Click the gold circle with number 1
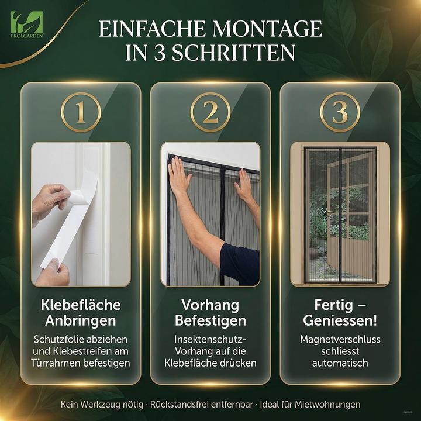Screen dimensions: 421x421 pyautogui.click(x=81, y=112)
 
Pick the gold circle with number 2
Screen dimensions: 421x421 pyautogui.click(x=210, y=112)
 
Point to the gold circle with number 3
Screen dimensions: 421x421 pyautogui.click(x=339, y=112)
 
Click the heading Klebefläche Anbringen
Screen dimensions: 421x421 pyautogui.click(x=81, y=313)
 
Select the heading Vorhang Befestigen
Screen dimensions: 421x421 pyautogui.click(x=210, y=313)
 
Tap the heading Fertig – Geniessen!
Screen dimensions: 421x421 pyautogui.click(x=339, y=313)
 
